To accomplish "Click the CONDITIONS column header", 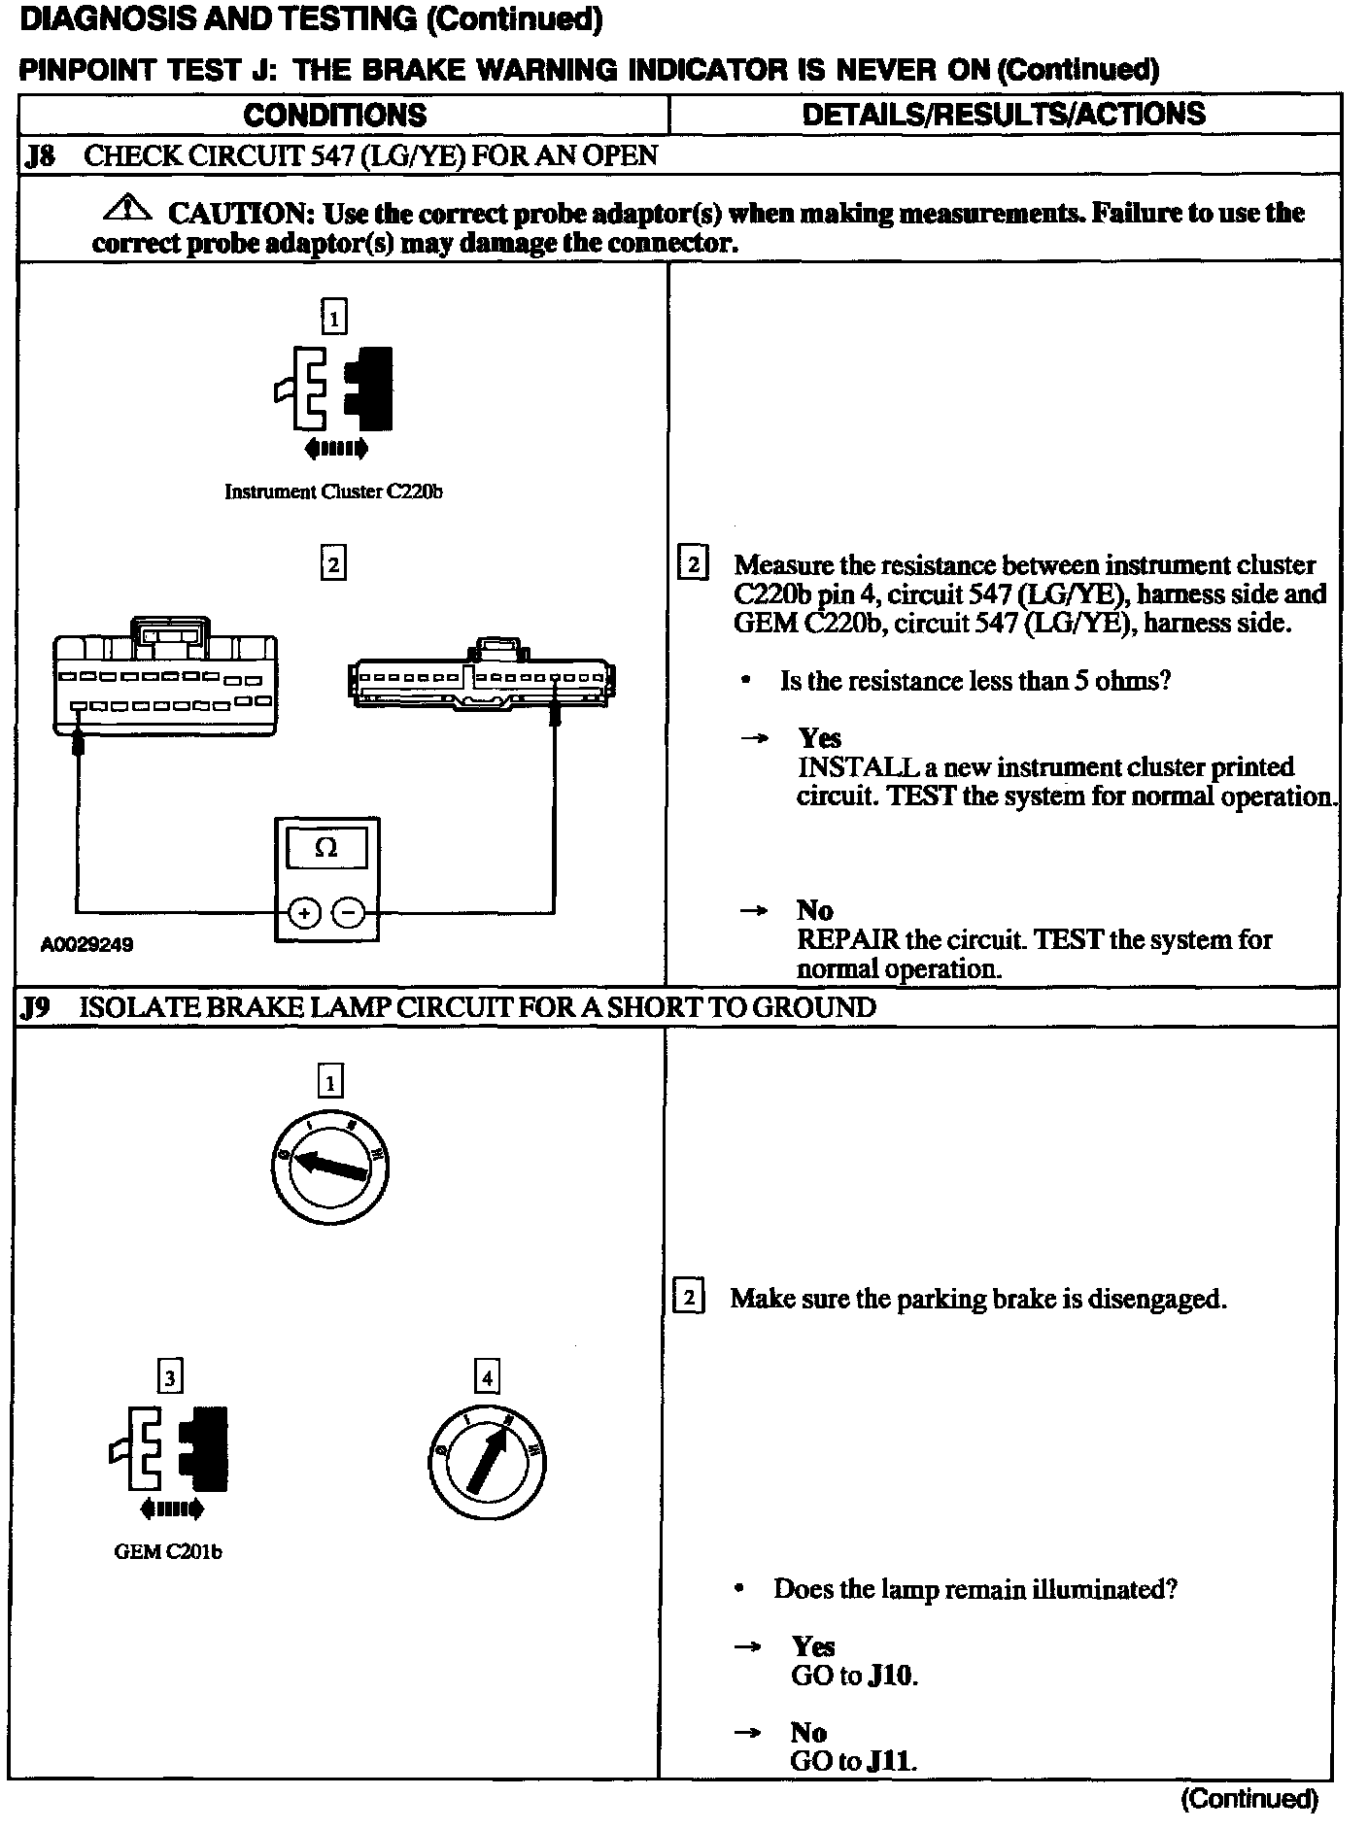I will point(334,115).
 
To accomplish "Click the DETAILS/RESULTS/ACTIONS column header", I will point(1003,114).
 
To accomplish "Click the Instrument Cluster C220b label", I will point(333,491).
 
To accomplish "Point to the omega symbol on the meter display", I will point(327,848).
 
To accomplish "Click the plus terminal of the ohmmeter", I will point(304,913).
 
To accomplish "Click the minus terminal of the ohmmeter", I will point(349,913).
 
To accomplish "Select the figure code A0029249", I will point(86,944).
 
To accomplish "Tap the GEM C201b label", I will point(168,1552).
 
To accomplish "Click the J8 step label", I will point(39,155).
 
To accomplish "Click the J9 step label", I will point(36,1007).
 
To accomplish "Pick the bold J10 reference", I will point(892,1676).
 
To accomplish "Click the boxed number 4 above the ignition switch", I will point(487,1377).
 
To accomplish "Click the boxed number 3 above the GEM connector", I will point(170,1377).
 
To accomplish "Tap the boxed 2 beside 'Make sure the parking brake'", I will point(688,1298).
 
